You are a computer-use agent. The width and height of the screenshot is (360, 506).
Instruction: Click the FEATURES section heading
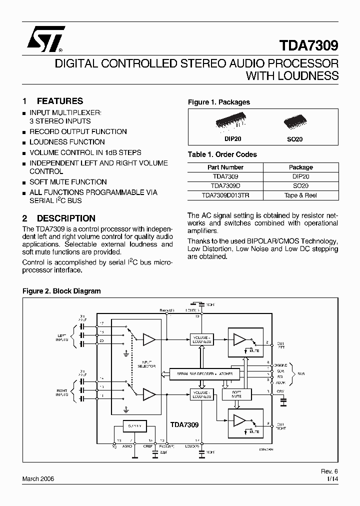(59, 101)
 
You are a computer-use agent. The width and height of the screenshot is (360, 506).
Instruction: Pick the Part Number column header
(225, 167)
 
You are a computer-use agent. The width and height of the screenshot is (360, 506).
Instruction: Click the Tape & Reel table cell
(300, 195)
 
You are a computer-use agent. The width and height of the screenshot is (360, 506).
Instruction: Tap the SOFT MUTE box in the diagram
(236, 394)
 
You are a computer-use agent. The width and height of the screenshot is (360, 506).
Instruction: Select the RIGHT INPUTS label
(62, 392)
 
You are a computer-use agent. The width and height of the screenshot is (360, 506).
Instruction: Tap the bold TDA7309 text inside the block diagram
(184, 424)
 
